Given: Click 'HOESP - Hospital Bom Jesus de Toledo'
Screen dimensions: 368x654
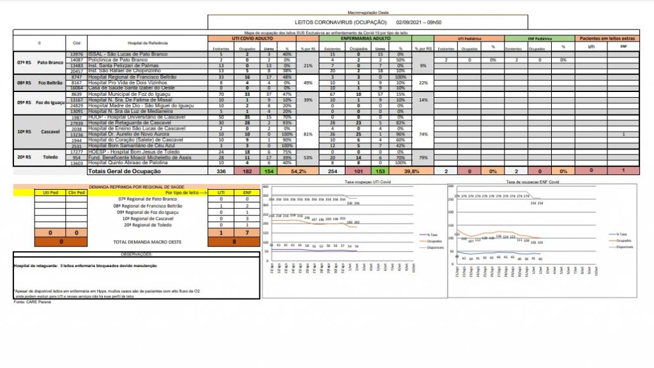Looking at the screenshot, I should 127,151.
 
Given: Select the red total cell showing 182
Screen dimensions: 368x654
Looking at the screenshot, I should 247,172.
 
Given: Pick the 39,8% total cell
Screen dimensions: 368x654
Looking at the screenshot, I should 412,172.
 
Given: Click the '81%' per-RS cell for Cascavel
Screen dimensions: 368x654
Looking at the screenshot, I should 308,134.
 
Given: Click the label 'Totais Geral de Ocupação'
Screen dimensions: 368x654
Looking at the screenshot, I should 125,172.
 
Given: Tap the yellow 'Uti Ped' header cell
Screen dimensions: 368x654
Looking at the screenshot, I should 49,192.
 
